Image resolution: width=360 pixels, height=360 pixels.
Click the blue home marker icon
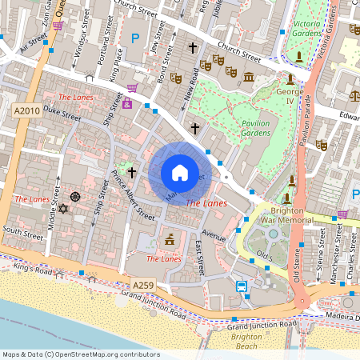[180, 172]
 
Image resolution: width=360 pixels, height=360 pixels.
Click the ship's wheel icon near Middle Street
[75, 196]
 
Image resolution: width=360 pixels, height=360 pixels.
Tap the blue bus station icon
[241, 286]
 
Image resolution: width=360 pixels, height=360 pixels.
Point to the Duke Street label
[62, 112]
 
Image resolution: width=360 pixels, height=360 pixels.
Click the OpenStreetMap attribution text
[81, 354]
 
